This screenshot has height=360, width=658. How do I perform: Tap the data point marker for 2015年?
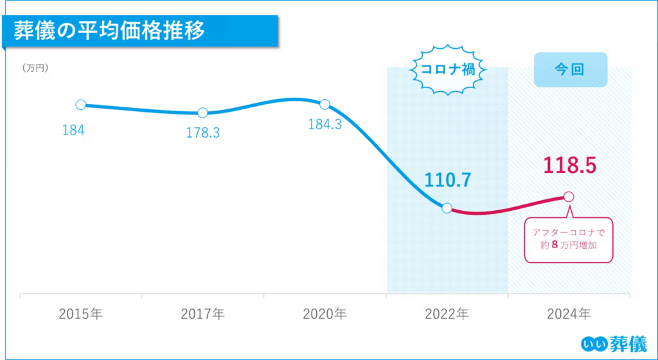pyautogui.click(x=80, y=105)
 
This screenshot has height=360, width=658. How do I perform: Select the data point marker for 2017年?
pyautogui.click(x=202, y=113)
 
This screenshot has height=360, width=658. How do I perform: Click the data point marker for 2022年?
pyautogui.click(x=447, y=207)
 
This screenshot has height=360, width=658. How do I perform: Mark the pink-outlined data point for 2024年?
pyautogui.click(x=568, y=197)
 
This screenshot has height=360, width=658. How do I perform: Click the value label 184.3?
pyautogui.click(x=325, y=125)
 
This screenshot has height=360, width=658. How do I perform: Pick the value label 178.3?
pyautogui.click(x=202, y=133)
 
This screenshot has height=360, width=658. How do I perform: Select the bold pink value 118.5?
pyautogui.click(x=570, y=165)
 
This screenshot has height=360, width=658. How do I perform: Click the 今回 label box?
pyautogui.click(x=570, y=69)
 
